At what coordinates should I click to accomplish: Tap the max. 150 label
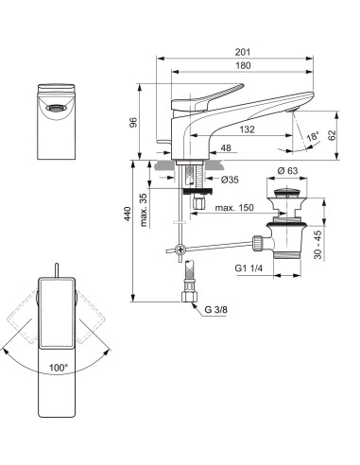coord(234,207)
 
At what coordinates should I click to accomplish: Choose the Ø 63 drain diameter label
coord(288,170)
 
